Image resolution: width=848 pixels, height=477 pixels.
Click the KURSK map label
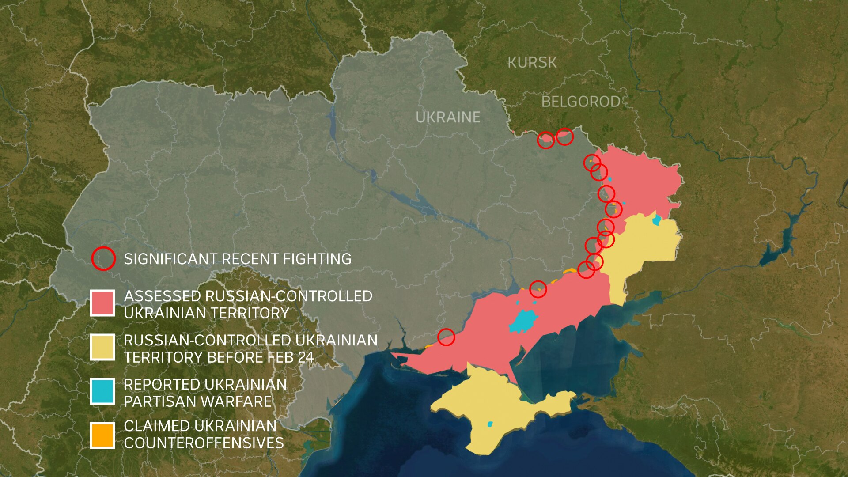(532, 63)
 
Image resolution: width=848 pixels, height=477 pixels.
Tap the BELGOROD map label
(580, 102)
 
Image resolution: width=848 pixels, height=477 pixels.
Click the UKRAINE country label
(448, 117)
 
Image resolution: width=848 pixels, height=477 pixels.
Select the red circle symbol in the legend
(103, 259)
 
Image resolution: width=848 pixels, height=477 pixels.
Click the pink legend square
(102, 303)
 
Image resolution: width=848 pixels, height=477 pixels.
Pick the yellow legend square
(102, 347)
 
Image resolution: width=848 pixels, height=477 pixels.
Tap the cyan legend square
(102, 391)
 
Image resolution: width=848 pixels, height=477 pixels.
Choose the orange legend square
(102, 435)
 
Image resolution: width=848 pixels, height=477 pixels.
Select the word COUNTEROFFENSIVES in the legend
(204, 443)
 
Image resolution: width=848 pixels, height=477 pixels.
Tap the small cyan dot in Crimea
(490, 424)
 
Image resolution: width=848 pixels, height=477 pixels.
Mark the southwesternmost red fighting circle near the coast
(446, 337)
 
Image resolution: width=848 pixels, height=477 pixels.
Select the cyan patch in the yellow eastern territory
(657, 220)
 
